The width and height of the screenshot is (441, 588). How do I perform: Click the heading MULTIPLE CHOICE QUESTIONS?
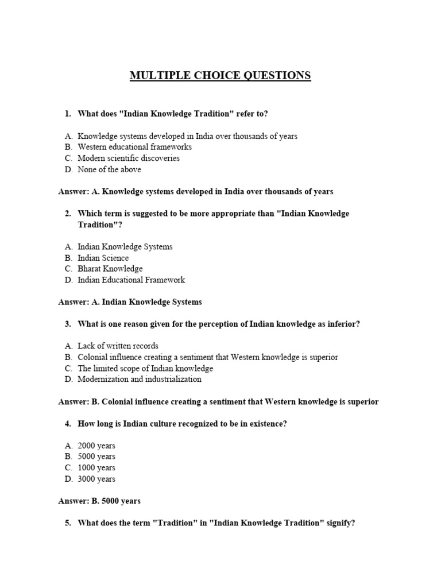point(220,75)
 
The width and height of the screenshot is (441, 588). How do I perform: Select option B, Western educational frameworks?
point(134,147)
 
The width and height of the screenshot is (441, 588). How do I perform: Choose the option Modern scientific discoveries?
point(129,158)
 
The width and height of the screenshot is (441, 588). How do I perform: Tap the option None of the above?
point(109,169)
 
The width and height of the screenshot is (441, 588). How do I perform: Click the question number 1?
point(68,114)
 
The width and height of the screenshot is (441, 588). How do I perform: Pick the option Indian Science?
point(103,258)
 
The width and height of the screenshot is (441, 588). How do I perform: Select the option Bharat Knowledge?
point(110,269)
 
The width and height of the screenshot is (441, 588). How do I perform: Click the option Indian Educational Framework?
point(131,280)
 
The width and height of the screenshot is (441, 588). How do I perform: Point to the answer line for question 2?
point(130,301)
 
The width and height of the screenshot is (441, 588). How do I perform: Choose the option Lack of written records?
point(118,346)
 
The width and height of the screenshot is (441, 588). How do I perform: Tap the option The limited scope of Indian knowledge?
point(145,368)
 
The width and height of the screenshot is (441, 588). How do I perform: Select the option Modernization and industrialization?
point(140,379)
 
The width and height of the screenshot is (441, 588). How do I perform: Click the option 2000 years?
point(96,446)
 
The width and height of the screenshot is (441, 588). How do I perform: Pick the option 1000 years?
point(96,467)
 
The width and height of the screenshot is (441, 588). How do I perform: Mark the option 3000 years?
point(96,479)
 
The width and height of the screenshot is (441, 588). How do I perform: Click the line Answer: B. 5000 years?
point(99,501)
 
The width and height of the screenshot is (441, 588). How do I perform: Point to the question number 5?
point(68,523)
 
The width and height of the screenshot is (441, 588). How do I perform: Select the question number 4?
point(68,423)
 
